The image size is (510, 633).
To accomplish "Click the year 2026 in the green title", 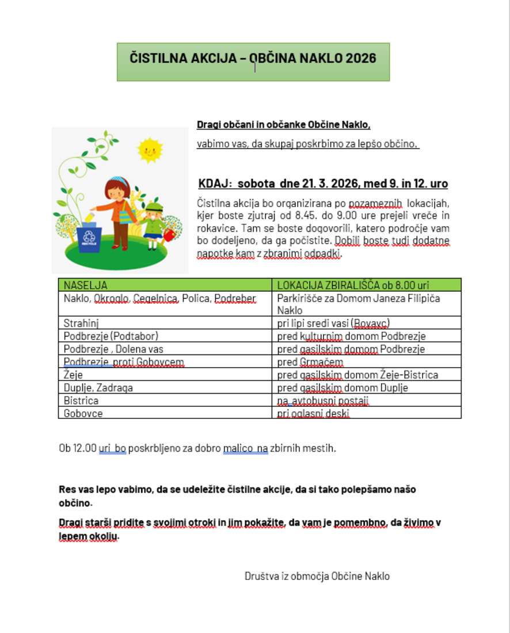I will coord(361,58).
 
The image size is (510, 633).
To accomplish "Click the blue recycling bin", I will coord(89,234).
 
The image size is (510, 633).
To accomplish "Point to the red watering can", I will coord(169,235).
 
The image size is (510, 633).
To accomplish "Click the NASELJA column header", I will coord(85,285).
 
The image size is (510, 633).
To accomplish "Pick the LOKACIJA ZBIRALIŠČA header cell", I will coord(353,285).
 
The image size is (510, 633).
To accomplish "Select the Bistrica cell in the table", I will coord(81,401).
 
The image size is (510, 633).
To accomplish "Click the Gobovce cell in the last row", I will coord(83,413).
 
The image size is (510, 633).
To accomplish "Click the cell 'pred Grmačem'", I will coord(310,362).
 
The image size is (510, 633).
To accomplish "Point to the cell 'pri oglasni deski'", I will coord(313,413).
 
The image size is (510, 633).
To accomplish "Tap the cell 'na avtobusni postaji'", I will coord(322,401).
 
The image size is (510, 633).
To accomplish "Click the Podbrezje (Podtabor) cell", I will coord(111,336).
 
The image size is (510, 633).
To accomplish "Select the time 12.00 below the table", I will coord(85,448).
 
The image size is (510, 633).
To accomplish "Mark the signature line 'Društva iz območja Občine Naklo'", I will coord(317,576).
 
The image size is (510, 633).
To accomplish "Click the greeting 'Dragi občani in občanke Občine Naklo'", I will coord(283,124).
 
